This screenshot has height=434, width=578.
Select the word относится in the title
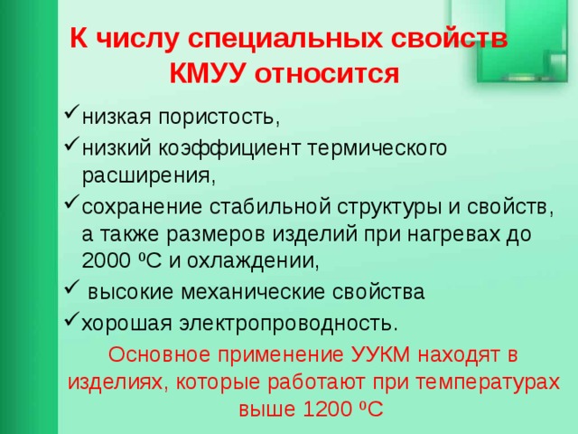pyautogui.click(x=329, y=73)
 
